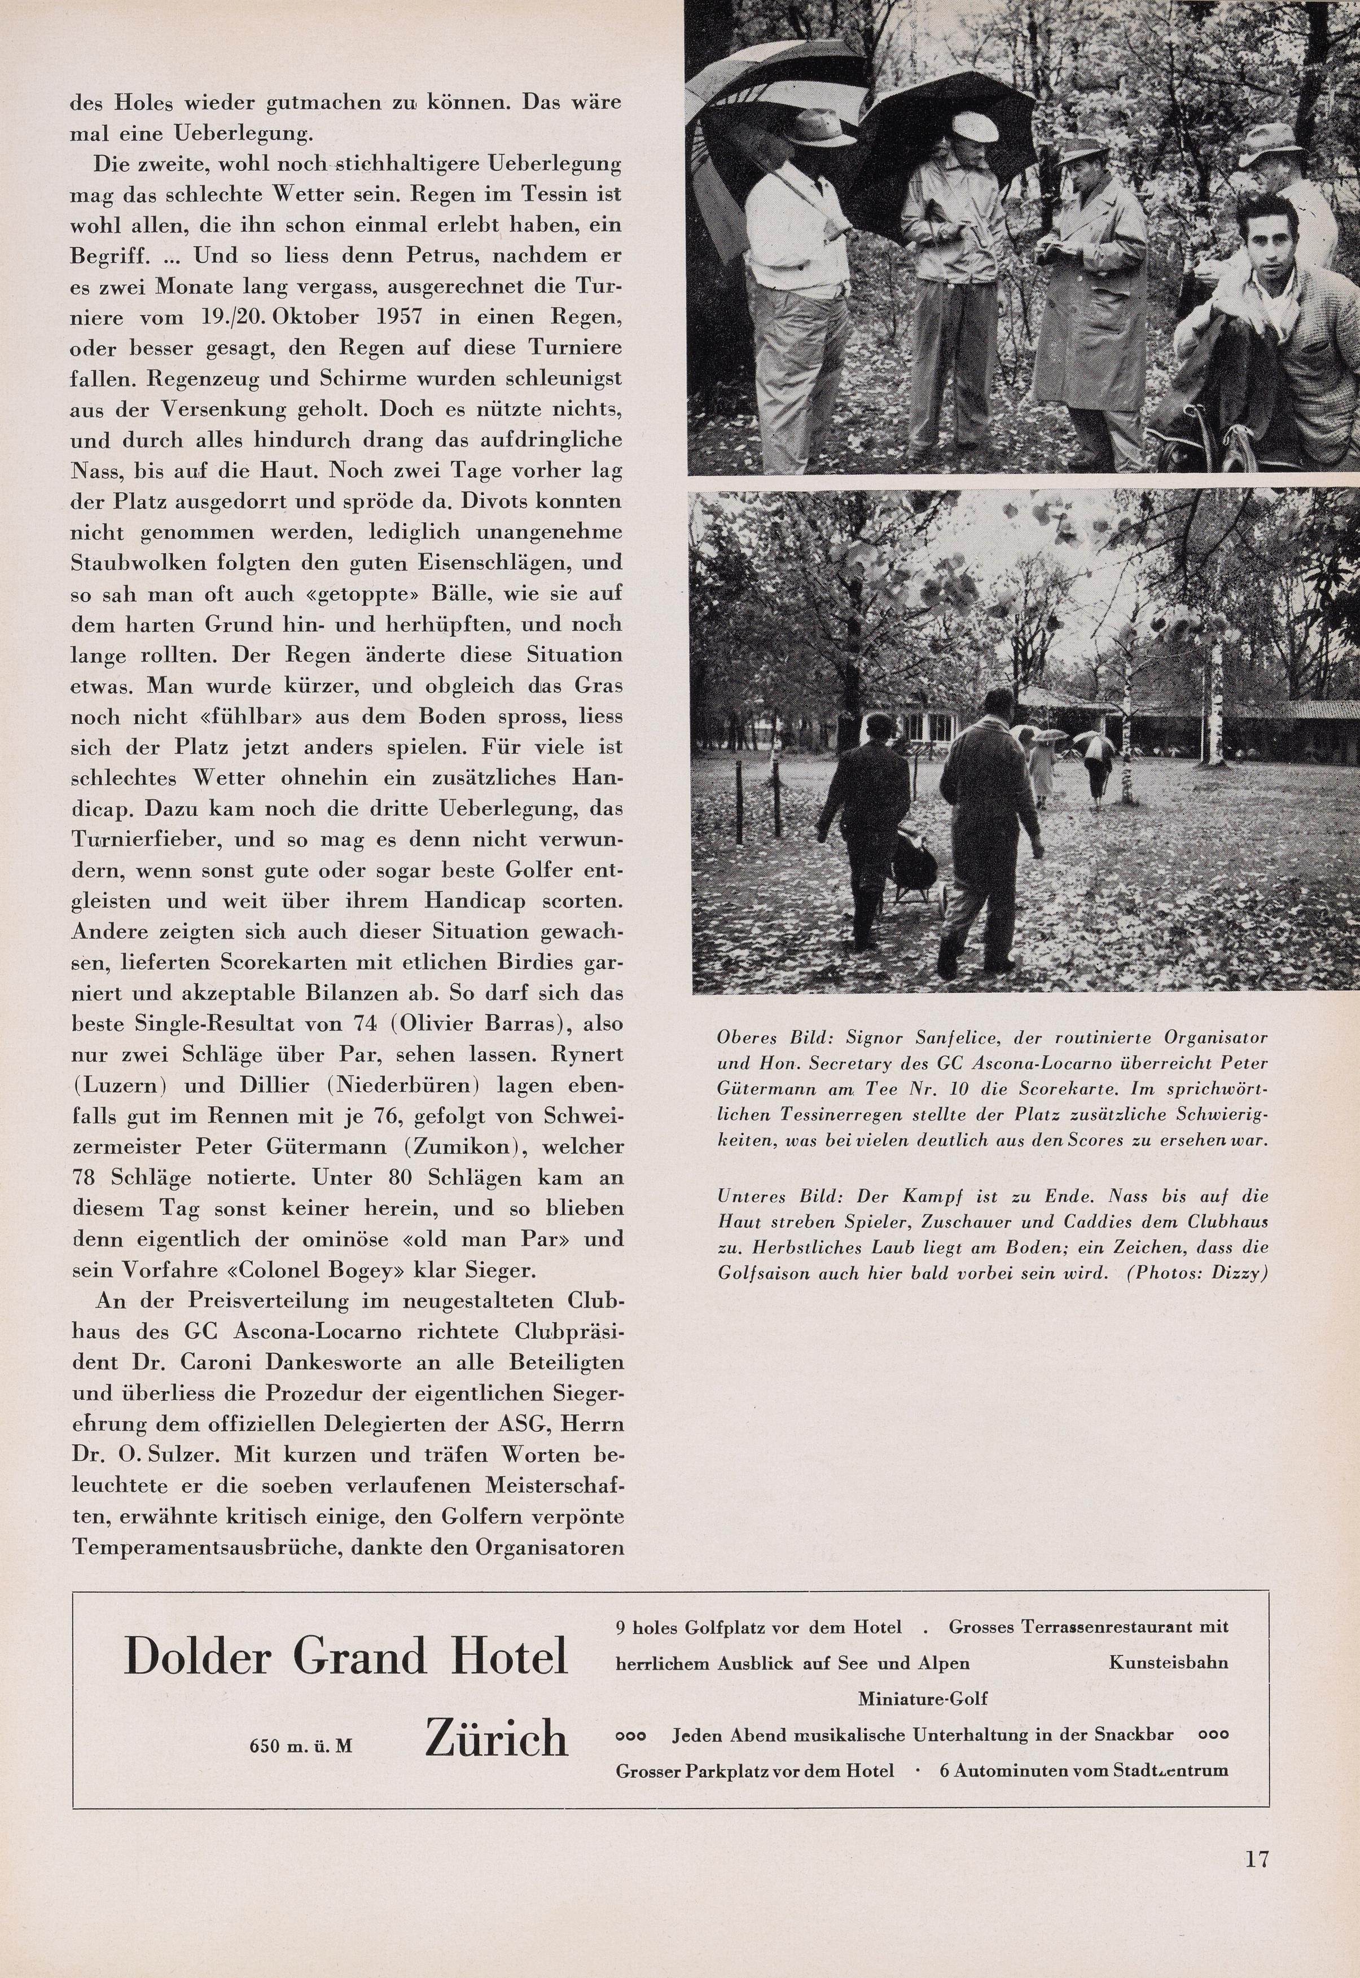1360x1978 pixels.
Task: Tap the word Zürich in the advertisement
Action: point(496,1737)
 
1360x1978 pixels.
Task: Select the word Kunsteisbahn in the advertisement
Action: point(1168,1662)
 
